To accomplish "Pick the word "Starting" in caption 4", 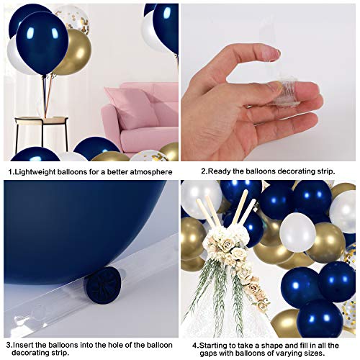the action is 214,346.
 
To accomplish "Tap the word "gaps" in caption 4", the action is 210,354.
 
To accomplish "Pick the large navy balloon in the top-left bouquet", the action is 42,42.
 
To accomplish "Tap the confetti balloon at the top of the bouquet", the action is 72,18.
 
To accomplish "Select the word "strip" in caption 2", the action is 327,171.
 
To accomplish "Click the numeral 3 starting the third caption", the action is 9,345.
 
